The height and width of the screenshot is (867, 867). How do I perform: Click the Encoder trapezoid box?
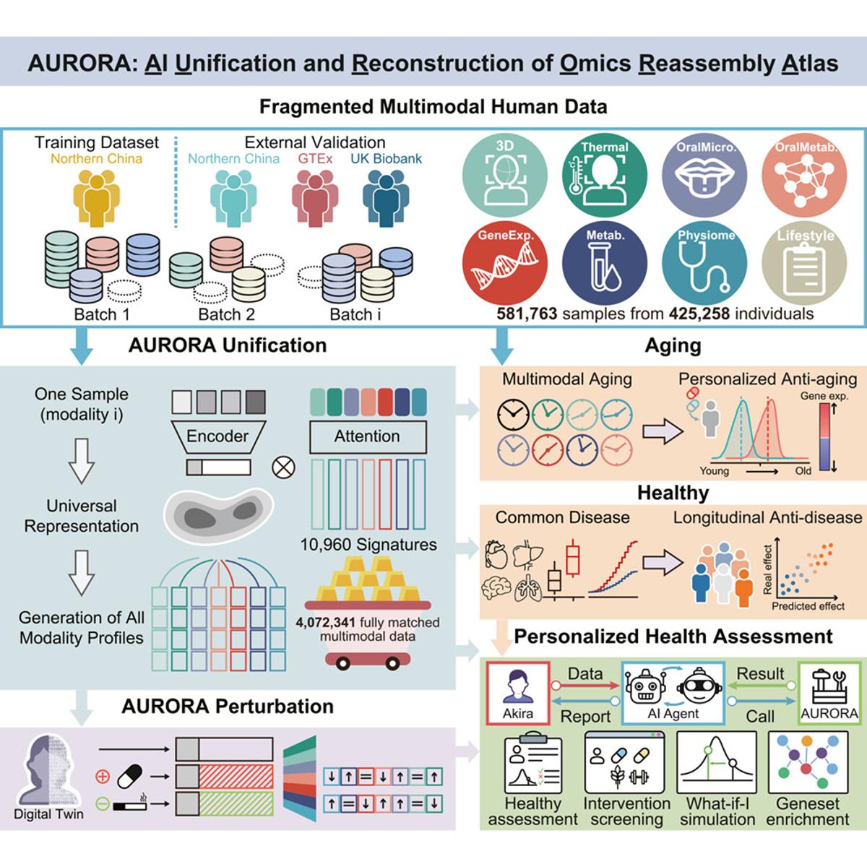pyautogui.click(x=217, y=436)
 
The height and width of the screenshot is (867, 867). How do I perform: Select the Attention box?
pyautogui.click(x=367, y=436)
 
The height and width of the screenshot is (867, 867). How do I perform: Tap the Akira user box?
pyautogui.click(x=518, y=692)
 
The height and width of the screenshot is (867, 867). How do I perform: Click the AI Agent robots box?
pyautogui.click(x=673, y=692)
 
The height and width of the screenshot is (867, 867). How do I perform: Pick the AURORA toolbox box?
pyautogui.click(x=829, y=692)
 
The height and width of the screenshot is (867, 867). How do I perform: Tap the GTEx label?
pyautogui.click(x=315, y=159)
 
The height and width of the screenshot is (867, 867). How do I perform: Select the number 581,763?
pyautogui.click(x=527, y=314)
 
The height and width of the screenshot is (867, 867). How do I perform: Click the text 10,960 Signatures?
pyautogui.click(x=368, y=545)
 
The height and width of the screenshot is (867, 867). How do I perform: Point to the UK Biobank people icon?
pyautogui.click(x=387, y=196)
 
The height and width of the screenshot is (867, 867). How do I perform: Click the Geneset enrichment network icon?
pyautogui.click(x=807, y=762)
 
